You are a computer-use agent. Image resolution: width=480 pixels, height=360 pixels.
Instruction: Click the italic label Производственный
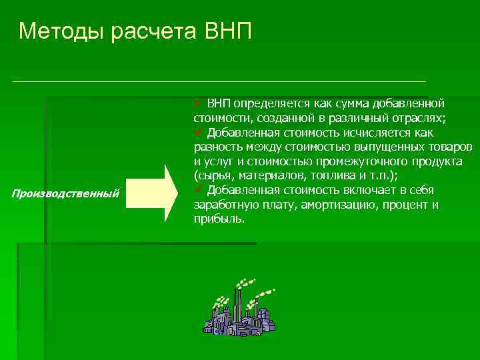[x=65, y=193]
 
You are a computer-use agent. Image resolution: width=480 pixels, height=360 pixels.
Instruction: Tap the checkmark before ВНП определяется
[x=198, y=103]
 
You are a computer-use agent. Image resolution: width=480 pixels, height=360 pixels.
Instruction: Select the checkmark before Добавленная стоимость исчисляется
[x=198, y=133]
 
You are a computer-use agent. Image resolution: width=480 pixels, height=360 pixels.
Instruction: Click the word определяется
[x=267, y=103]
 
